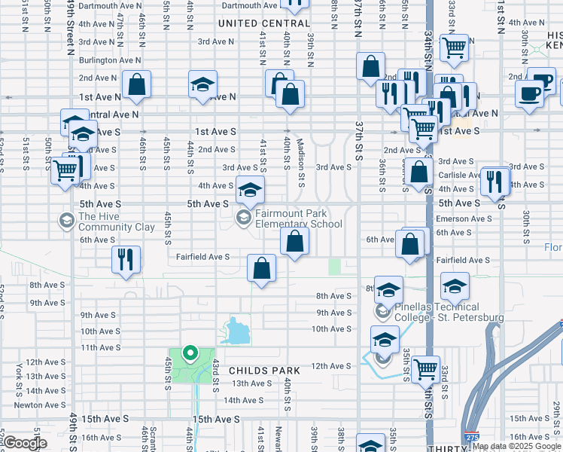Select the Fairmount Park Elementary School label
(x=298, y=218)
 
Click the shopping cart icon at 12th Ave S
(x=426, y=369)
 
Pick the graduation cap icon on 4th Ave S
(x=251, y=190)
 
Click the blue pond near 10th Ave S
(x=237, y=329)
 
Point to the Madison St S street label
(x=301, y=162)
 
